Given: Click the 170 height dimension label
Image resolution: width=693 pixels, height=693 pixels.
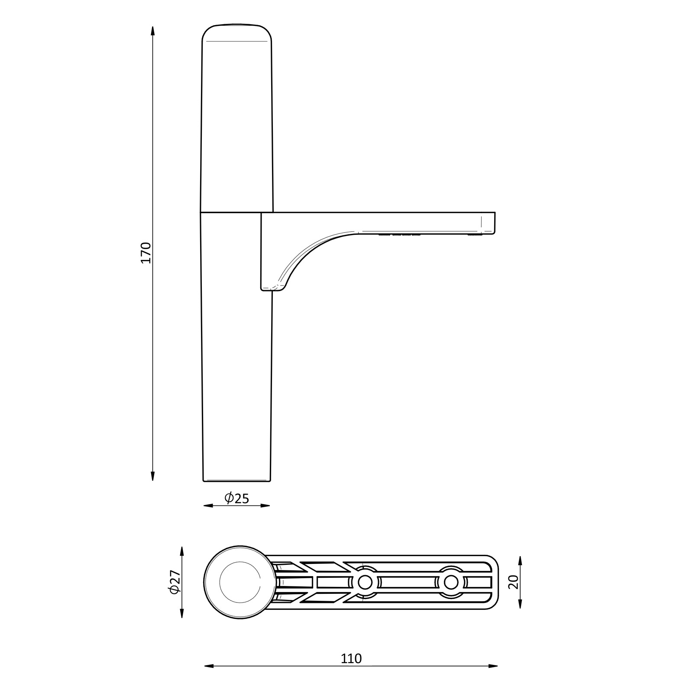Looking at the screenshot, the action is point(146,253).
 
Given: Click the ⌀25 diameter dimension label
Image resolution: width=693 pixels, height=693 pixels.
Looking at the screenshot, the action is point(237,498).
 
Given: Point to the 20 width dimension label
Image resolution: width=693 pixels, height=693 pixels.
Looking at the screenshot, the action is point(513,582).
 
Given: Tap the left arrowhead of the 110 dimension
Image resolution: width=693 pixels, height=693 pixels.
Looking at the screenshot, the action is point(209,678).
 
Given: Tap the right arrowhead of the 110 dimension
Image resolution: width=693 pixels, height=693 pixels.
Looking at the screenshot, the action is point(493,678).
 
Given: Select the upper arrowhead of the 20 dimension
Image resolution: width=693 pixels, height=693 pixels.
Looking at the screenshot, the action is point(520,561).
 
